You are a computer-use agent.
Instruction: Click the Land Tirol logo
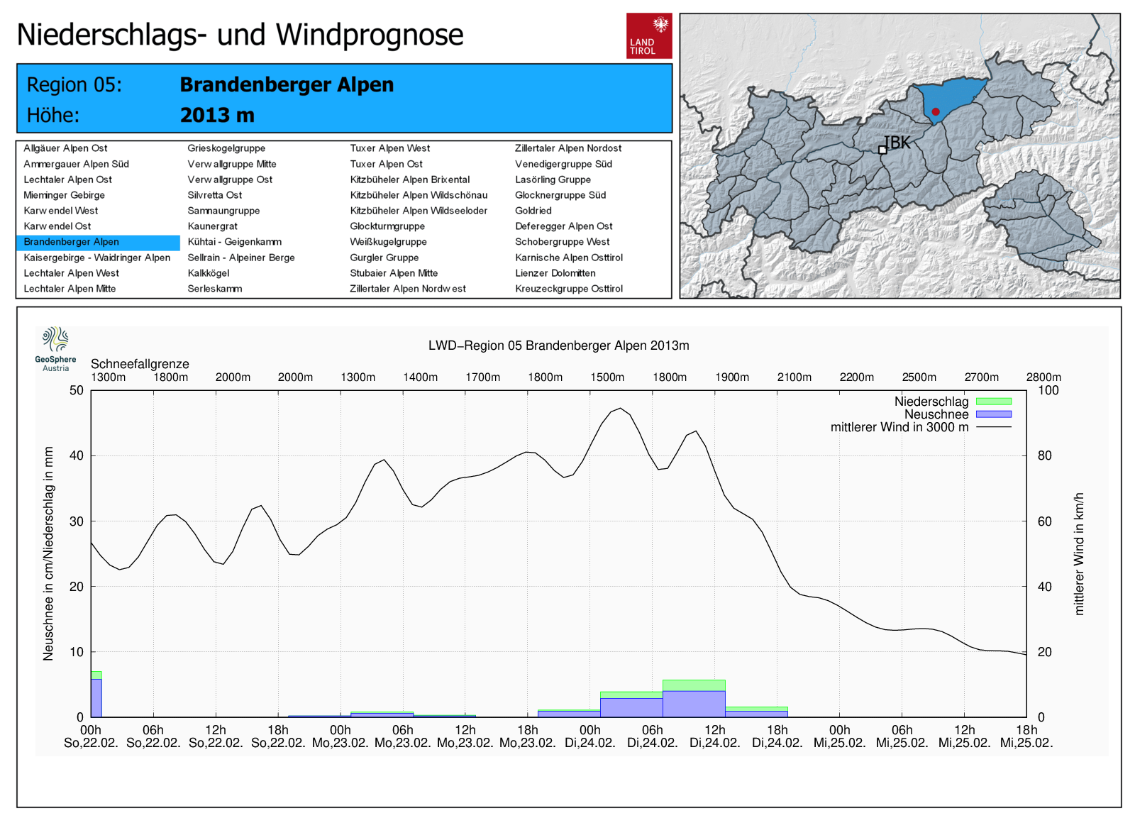(648, 35)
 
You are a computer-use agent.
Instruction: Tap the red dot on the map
(936, 111)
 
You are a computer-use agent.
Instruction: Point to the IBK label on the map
(897, 143)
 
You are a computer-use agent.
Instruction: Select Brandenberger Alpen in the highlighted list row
(71, 242)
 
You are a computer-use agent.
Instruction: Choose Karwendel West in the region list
(61, 211)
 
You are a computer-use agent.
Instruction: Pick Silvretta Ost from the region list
(214, 195)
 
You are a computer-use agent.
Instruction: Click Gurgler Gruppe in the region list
(384, 258)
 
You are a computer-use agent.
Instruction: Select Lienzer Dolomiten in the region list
(555, 273)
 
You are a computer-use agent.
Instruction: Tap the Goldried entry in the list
(533, 211)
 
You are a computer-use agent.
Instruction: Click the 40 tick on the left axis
(76, 455)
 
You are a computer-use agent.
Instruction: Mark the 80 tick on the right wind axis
(1044, 455)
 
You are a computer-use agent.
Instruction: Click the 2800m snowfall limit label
(1043, 377)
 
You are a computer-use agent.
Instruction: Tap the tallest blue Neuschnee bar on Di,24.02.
(694, 704)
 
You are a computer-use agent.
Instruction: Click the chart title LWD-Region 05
(558, 346)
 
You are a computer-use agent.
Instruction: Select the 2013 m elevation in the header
(217, 115)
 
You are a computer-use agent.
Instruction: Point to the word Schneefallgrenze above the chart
(140, 364)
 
